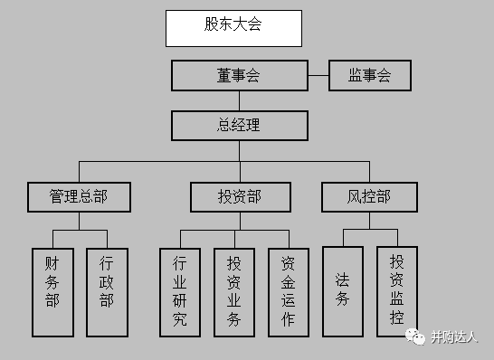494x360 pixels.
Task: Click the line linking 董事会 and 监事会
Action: (x=318, y=76)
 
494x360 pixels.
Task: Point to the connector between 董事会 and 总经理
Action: (x=239, y=100)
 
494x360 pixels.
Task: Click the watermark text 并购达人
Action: (x=454, y=337)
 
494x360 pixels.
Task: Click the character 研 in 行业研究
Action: (x=179, y=301)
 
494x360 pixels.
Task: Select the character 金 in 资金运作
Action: (x=289, y=282)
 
